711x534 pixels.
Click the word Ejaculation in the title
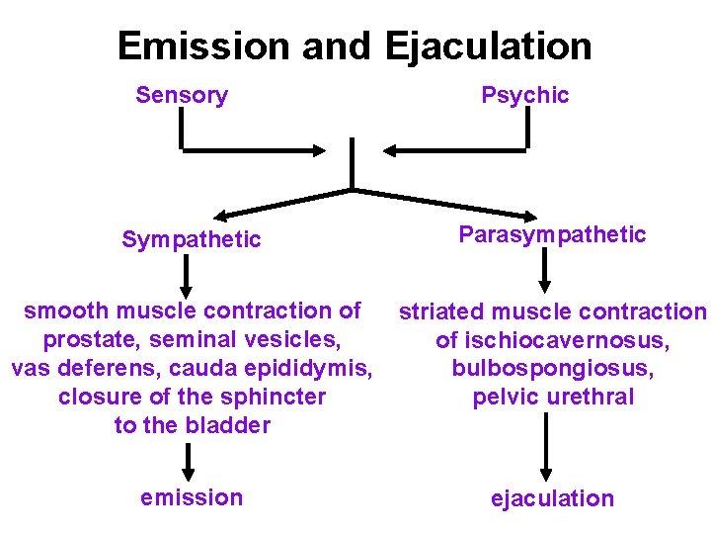click(x=489, y=46)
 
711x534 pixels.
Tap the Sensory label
click(x=182, y=96)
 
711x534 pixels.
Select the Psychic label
click(x=525, y=96)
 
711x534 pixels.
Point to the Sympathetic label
click(x=192, y=239)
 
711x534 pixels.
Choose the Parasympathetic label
click(x=552, y=235)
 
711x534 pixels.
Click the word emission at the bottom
click(x=192, y=497)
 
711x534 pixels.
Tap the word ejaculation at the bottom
click(x=552, y=498)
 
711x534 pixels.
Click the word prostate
click(x=84, y=340)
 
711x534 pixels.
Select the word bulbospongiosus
click(x=552, y=369)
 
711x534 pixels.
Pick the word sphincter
click(x=273, y=398)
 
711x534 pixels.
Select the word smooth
click(x=62, y=311)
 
